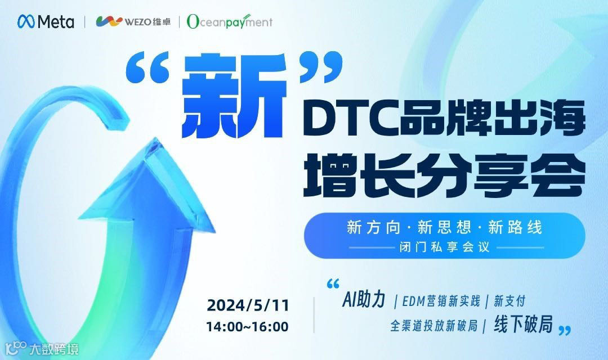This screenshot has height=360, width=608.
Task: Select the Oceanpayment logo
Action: tap(230, 22)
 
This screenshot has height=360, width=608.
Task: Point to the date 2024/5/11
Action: tap(248, 305)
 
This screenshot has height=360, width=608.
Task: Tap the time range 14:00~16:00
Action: tap(248, 326)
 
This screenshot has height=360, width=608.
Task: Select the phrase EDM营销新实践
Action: tap(441, 301)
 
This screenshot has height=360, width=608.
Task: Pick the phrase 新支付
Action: tap(509, 301)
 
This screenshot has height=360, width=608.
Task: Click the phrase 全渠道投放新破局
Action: tap(434, 326)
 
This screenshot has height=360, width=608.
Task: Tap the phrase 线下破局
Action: tap(523, 325)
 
